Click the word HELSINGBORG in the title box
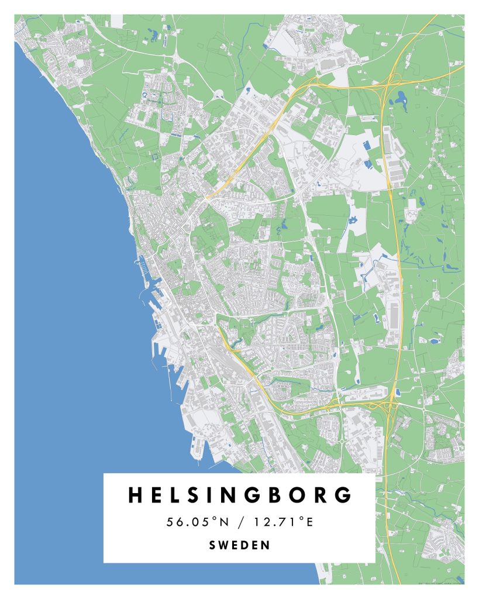coord(240,495)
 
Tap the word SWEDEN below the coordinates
coord(240,545)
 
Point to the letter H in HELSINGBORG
coord(136,495)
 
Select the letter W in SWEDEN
coord(225,545)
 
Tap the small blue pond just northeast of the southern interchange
coord(398,391)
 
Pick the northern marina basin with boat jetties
coord(143,269)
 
